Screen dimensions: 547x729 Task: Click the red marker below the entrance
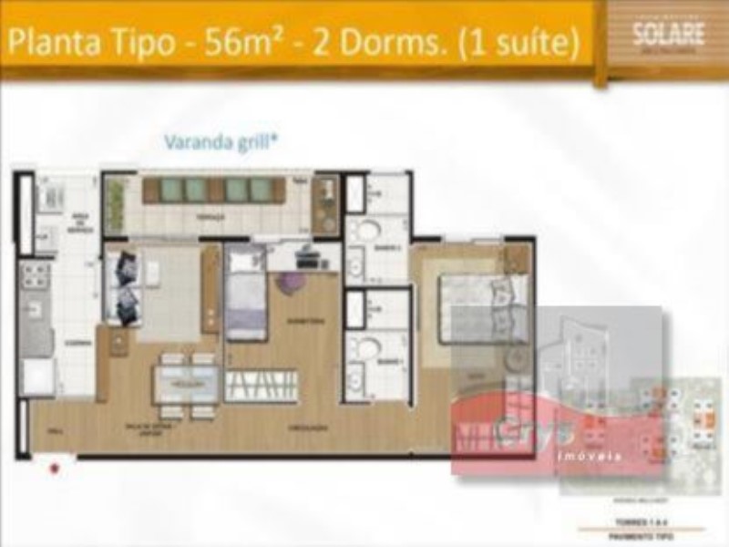[x=56, y=469]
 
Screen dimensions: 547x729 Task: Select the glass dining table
[x=186, y=383]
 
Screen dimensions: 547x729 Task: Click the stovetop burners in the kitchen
[x=36, y=273]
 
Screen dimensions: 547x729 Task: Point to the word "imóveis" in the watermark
[x=589, y=453]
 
